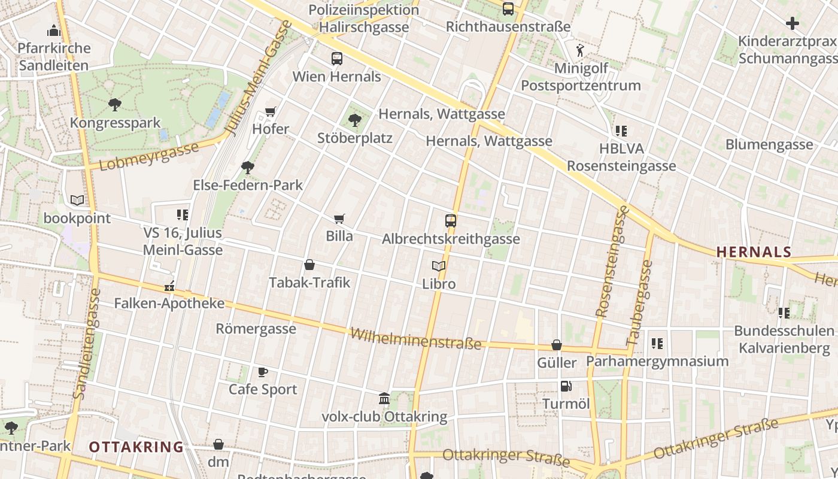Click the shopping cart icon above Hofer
tap(271, 111)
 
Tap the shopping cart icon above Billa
tap(339, 219)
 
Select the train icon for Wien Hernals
tap(336, 59)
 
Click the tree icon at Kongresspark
tap(115, 105)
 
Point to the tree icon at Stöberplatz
tap(355, 120)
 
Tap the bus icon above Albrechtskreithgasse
tap(451, 221)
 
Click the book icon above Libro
tap(439, 266)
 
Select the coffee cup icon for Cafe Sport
tap(263, 372)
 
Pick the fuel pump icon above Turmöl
tap(566, 386)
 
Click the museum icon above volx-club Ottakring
tap(384, 399)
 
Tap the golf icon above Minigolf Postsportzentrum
tap(579, 50)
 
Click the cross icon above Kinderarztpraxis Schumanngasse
tap(793, 23)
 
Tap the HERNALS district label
tap(754, 252)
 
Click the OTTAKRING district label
tap(136, 447)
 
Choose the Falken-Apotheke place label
tap(169, 304)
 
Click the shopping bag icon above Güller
tap(557, 345)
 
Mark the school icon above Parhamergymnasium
tap(657, 344)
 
